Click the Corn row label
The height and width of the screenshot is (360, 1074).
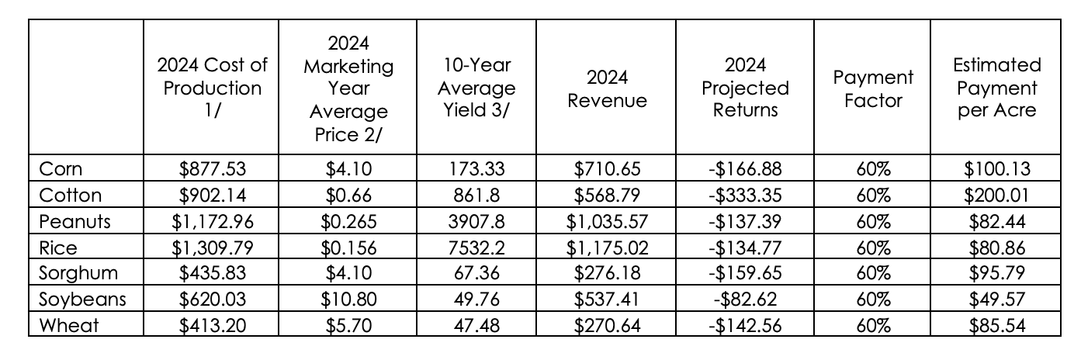pos(61,169)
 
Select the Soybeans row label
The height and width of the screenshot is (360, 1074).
pos(82,299)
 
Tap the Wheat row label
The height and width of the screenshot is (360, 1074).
pos(68,326)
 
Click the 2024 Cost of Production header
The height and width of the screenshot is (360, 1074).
pos(212,88)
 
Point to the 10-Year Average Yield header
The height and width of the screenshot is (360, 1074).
pos(476,88)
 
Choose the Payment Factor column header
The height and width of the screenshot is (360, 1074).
pos(873,88)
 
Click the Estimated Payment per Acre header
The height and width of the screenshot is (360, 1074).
pos(997,88)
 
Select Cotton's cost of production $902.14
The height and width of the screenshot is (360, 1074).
pos(213,195)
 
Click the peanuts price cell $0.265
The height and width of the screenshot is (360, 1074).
pos(348,221)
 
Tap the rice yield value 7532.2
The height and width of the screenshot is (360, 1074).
pos(476,247)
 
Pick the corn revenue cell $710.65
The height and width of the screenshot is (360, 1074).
pos(607,169)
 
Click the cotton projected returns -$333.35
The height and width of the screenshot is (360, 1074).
pos(745,195)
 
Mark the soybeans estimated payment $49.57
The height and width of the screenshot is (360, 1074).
pos(997,299)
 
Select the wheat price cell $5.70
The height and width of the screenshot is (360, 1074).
pos(348,326)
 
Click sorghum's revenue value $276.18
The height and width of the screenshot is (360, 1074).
pos(607,273)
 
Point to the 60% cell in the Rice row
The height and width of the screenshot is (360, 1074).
pos(873,247)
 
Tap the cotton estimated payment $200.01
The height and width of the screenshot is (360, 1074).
pos(997,195)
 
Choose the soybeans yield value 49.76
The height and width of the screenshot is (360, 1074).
pos(476,299)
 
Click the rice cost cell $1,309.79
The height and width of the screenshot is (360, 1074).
pos(213,247)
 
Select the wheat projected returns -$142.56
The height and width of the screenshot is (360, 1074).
pos(745,326)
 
